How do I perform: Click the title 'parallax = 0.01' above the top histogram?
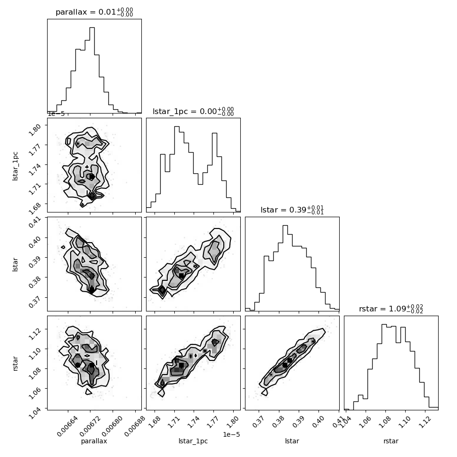[86, 12]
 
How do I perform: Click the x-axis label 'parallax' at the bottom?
[94, 441]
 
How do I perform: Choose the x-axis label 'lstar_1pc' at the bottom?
[193, 441]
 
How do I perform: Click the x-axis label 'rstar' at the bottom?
[391, 441]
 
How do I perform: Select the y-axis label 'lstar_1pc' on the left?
[15, 166]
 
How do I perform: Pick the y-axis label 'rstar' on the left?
[15, 363]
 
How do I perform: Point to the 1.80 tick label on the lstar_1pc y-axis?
[35, 130]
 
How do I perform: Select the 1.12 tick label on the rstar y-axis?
[35, 334]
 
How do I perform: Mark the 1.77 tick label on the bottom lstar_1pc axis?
[212, 422]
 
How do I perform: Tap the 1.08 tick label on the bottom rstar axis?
[385, 422]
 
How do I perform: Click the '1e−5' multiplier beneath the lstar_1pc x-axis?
[231, 434]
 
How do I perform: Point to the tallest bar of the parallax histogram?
[92, 70]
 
